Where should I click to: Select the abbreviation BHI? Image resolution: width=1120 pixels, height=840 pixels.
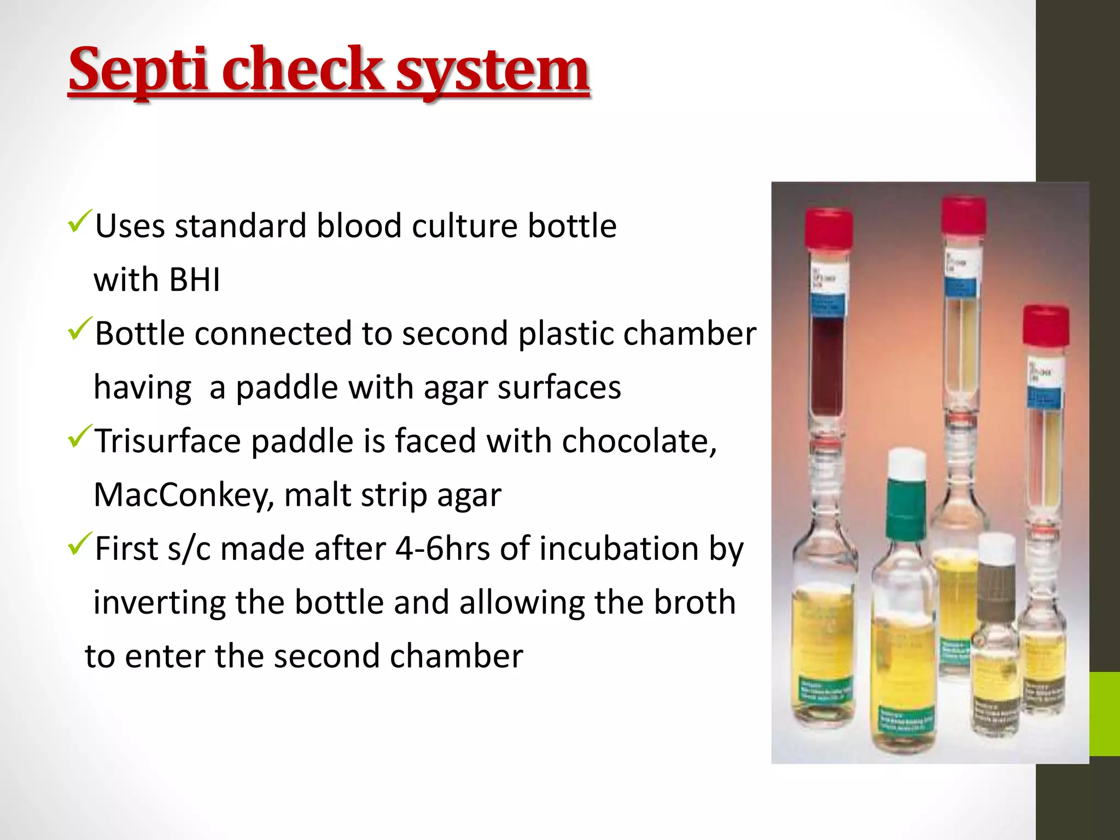point(195,280)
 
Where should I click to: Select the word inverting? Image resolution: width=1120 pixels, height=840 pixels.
point(159,603)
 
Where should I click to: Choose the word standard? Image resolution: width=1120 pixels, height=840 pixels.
point(240,226)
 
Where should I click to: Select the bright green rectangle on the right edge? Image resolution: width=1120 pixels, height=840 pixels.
point(1104,714)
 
